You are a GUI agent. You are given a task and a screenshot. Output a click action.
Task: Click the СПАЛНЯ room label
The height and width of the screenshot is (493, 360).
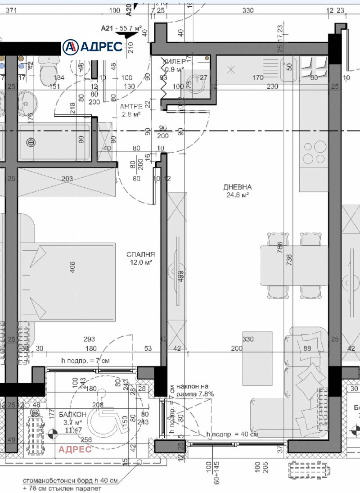(x=140, y=254)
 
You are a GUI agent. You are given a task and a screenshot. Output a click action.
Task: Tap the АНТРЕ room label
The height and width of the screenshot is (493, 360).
(x=131, y=107)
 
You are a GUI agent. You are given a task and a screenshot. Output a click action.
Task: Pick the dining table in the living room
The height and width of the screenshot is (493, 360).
(x=293, y=266)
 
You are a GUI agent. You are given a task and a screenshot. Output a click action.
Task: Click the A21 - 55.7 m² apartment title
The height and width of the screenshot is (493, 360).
(x=121, y=28)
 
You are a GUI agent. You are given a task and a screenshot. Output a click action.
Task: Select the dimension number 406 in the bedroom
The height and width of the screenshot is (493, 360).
(x=72, y=267)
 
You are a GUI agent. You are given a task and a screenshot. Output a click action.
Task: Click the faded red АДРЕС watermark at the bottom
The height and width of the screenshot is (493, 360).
(x=75, y=449)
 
